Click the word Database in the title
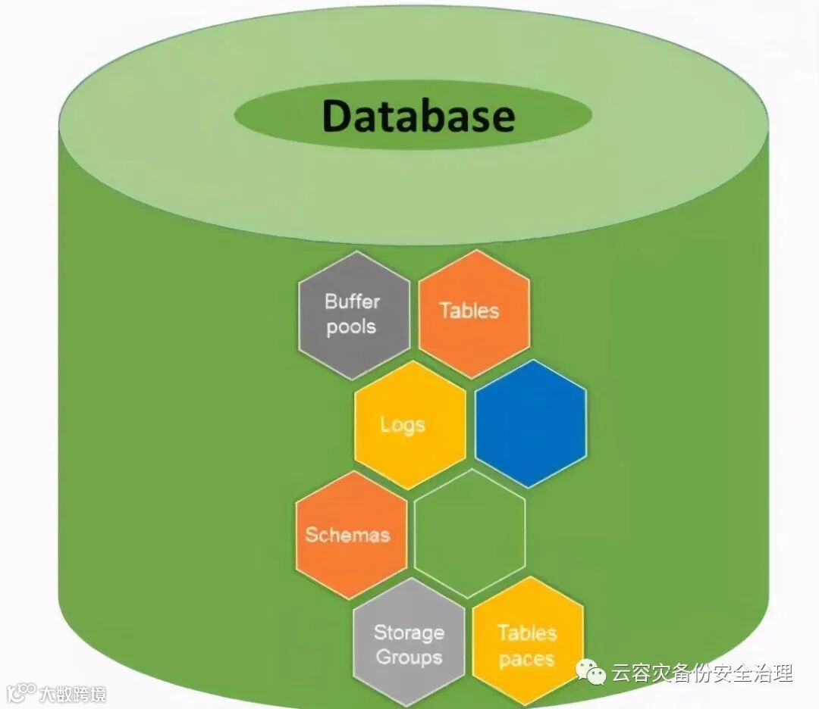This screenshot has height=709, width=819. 418,117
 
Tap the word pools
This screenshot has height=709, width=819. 351,327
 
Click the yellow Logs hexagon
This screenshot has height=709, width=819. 410,425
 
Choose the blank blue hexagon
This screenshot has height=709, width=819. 531,423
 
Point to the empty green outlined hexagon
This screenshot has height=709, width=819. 470,534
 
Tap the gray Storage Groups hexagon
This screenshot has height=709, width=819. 409,645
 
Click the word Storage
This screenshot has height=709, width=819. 409,632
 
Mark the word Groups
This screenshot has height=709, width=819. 409,657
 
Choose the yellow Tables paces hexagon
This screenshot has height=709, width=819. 528,645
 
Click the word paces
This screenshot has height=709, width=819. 526,659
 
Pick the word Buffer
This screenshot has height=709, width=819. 352,301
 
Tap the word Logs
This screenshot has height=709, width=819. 403,425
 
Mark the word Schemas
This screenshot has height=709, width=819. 347,535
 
